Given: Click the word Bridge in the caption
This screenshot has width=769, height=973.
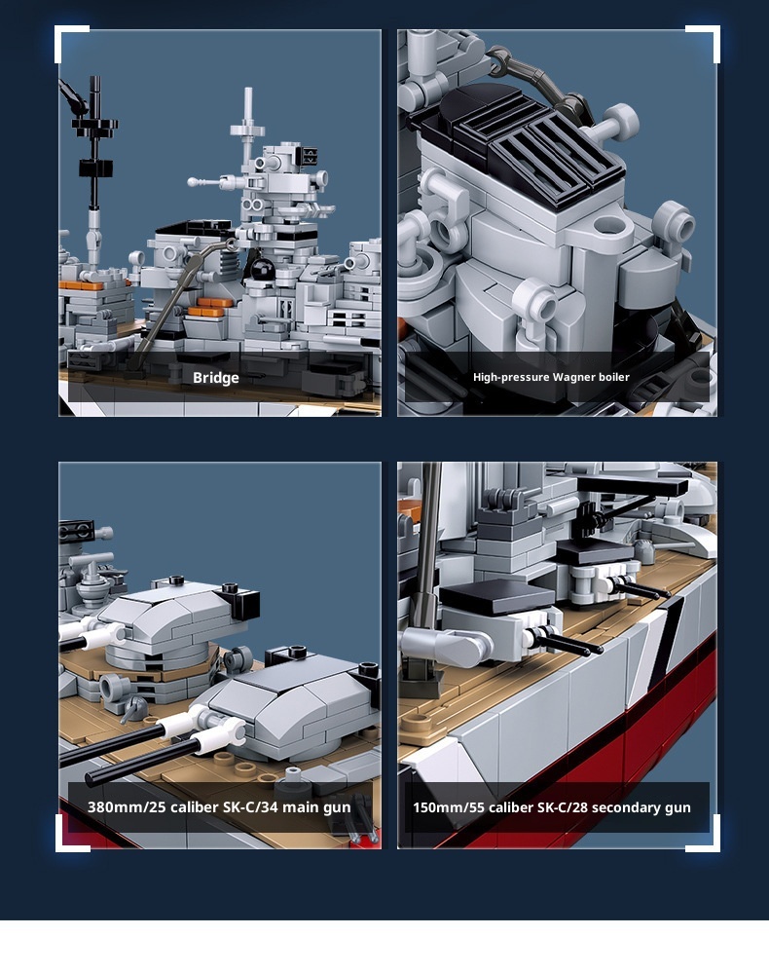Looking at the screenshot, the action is coord(216,378).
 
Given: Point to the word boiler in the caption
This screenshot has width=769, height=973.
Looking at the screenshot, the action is coord(614,377).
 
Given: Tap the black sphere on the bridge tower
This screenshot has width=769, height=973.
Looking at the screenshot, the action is coord(262,269).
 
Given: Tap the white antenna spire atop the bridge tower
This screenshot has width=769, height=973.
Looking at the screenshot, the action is coord(248,121).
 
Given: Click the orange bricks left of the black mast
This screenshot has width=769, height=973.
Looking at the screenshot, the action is coord(81,285).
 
